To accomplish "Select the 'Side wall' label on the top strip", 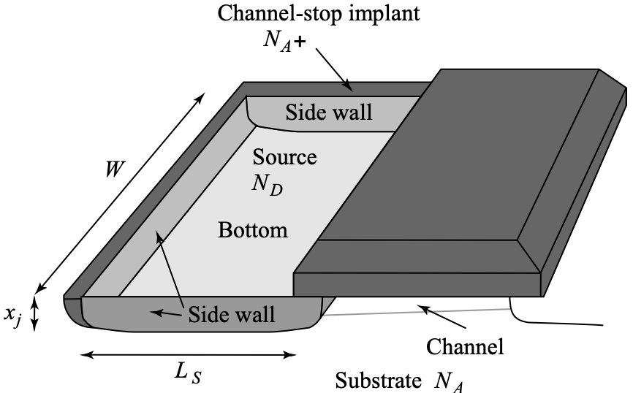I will pyautogui.click(x=328, y=112).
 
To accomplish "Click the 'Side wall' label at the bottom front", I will pyautogui.click(x=232, y=314).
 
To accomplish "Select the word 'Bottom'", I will pyautogui.click(x=253, y=230).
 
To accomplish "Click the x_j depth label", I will pyautogui.click(x=12, y=315).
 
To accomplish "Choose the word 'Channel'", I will pyautogui.click(x=465, y=346).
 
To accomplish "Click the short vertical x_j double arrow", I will pyautogui.click(x=34, y=315).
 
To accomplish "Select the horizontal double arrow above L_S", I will pyautogui.click(x=189, y=355).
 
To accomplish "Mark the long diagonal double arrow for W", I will pyautogui.click(x=121, y=192).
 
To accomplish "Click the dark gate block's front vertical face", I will pyautogui.click(x=417, y=285).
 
